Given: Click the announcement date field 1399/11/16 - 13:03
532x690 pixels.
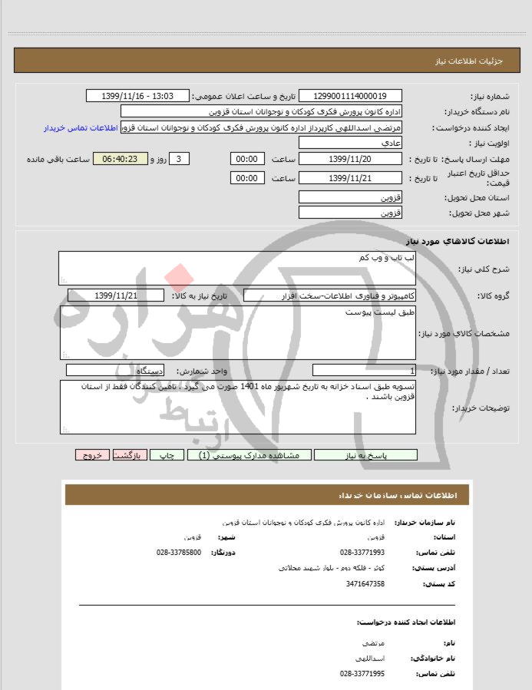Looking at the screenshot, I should point(138,96).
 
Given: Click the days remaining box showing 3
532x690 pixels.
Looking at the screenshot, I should point(178,159).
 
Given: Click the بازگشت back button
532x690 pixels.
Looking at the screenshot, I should point(130,454).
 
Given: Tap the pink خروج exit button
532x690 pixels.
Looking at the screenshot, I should point(92,454).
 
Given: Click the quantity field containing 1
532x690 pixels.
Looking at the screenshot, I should point(365,371).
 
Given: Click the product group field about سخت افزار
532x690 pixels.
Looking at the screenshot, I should point(330,295).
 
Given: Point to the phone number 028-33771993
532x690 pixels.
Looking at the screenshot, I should point(362,553).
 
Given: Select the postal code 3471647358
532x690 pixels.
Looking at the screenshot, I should point(365,584).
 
